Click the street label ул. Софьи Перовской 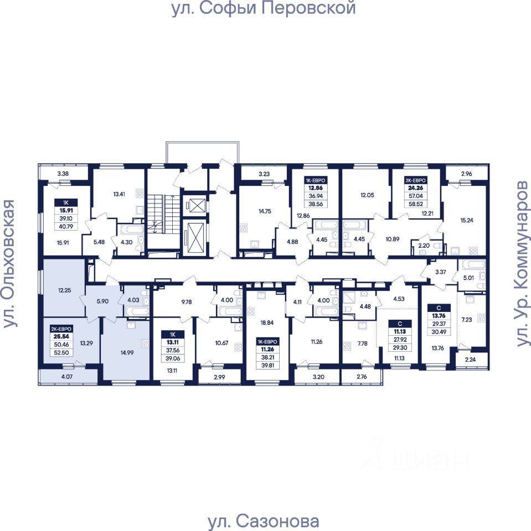coord(264,9)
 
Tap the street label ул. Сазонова coord(264,521)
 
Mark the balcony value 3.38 coord(63,173)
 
